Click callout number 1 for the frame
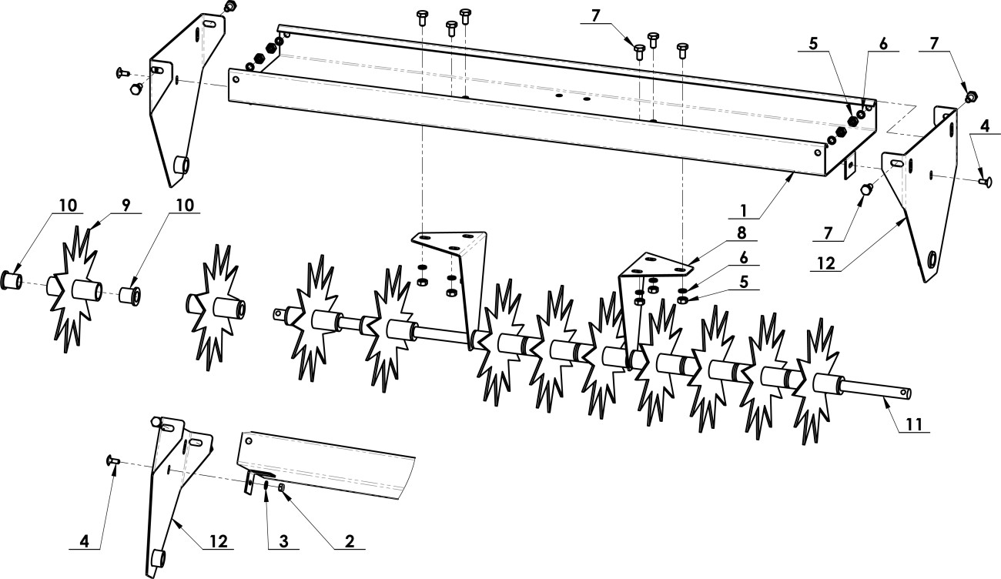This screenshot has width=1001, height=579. click(x=744, y=210)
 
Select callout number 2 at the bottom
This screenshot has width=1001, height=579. click(x=350, y=541)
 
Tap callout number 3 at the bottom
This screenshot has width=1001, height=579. click(x=283, y=541)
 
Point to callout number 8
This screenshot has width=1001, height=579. click(x=742, y=233)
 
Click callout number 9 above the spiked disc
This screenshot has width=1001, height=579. click(x=126, y=205)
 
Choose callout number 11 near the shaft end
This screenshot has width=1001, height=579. click(x=913, y=424)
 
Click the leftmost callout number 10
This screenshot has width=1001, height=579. click(x=68, y=205)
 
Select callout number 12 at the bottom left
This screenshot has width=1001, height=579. click(x=218, y=541)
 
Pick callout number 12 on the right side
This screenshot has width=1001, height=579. click(x=827, y=263)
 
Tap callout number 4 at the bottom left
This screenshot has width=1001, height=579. click(x=84, y=541)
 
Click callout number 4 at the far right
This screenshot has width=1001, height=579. click(x=985, y=126)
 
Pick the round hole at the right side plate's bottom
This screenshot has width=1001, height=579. click(x=933, y=260)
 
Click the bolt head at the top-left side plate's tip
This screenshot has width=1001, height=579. click(x=230, y=6)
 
